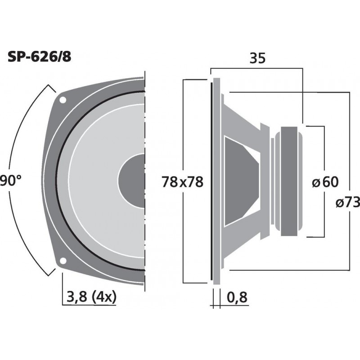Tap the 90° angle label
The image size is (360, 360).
[x=10, y=181]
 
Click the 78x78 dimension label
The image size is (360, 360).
[x=183, y=182]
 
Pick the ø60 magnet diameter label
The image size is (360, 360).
[x=325, y=182]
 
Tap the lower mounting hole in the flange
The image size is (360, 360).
[x=63, y=260]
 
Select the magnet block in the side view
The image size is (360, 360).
[x=292, y=182]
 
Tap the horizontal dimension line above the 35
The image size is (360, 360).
[x=256, y=68]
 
